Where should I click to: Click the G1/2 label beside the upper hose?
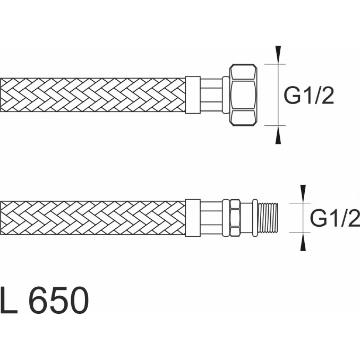[x=309, y=95]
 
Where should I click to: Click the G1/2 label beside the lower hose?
[x=335, y=218]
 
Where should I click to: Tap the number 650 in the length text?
[x=59, y=300]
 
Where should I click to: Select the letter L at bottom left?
[x=8, y=300]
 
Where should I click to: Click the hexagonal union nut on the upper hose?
[x=243, y=95]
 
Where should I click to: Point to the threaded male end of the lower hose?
[x=268, y=218]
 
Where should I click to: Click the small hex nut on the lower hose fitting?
[x=235, y=218]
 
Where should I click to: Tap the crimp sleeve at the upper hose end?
[x=193, y=95]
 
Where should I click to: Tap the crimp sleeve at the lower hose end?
[x=193, y=218]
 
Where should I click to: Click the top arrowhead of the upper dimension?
[x=278, y=54]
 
